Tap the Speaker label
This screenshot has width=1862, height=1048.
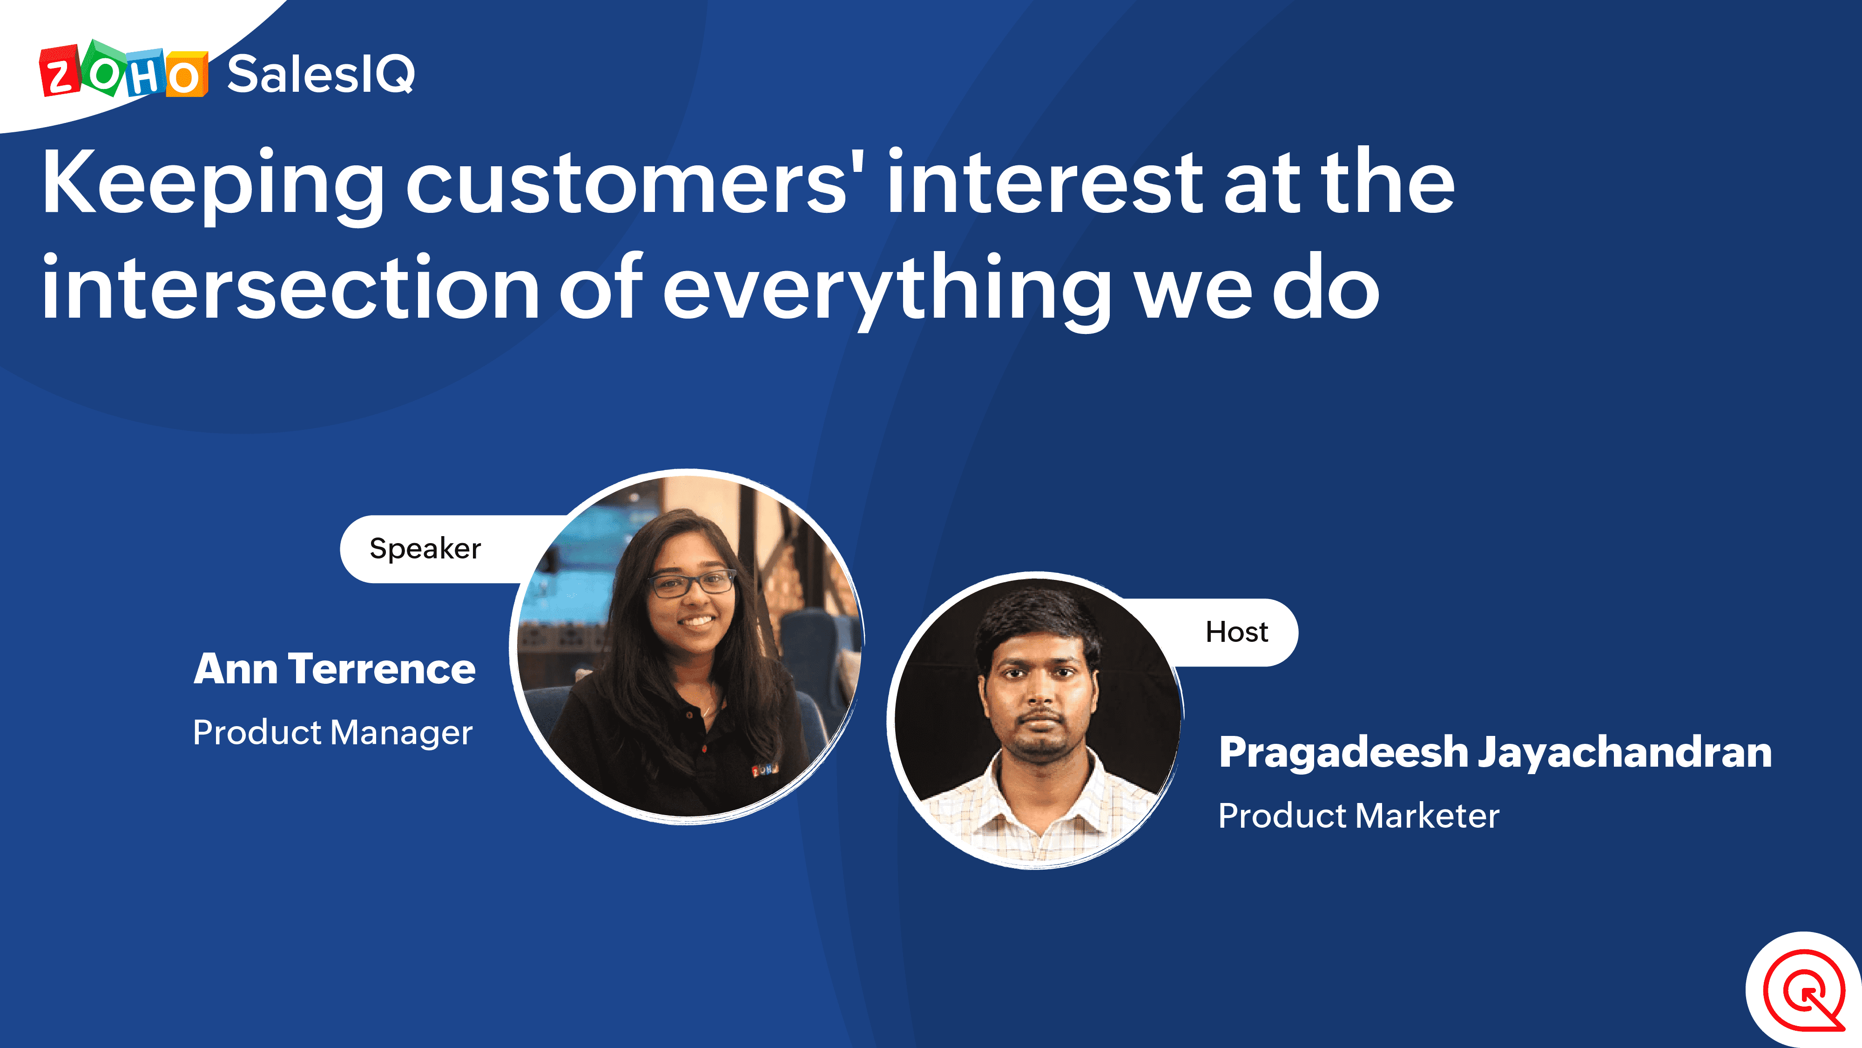425,549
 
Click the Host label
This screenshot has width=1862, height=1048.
1237,632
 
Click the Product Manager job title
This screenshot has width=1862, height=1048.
332,733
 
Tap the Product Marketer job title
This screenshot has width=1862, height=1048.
1359,816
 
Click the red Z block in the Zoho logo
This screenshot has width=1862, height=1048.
59,71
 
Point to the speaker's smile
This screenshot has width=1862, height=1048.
697,621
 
